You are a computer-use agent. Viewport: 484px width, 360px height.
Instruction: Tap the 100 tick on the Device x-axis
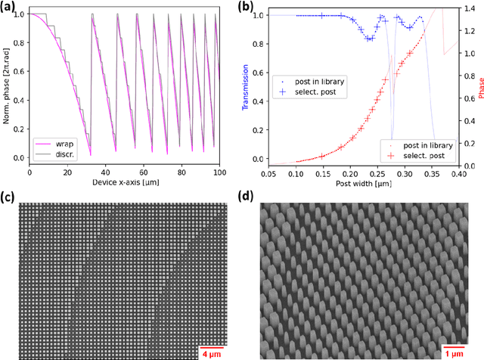tap(219, 173)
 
